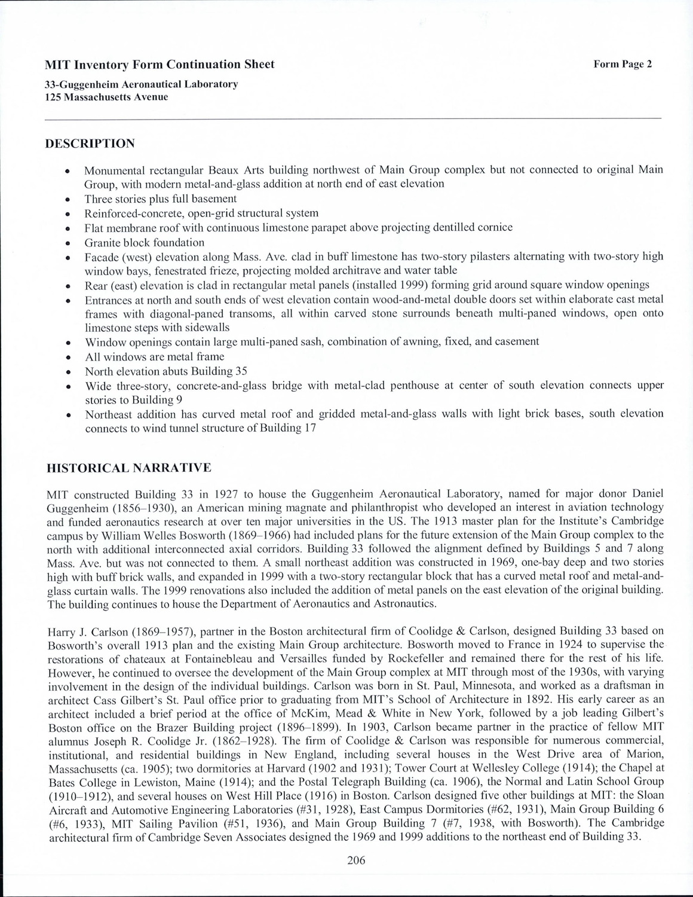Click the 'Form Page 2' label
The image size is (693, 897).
(x=623, y=65)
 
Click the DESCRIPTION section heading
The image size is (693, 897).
(x=90, y=144)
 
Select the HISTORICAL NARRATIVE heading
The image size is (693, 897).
(x=129, y=467)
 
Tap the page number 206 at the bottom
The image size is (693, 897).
(x=355, y=861)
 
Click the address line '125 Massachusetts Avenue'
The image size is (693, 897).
(x=107, y=96)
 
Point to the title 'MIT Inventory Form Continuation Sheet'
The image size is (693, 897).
(x=160, y=65)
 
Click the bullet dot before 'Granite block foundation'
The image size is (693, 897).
(x=69, y=243)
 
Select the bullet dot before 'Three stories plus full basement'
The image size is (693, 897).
(x=69, y=200)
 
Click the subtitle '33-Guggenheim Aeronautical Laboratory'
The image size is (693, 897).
(x=142, y=84)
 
